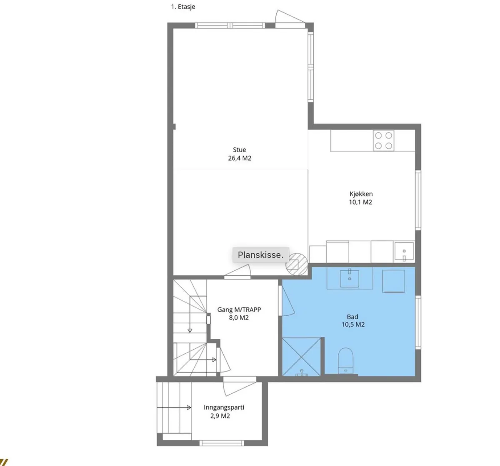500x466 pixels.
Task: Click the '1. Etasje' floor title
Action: tap(183, 7)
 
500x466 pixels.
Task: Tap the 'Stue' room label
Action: tap(240, 150)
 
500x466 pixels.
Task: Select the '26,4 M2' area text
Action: tap(240, 158)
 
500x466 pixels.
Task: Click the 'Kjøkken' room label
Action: tap(361, 194)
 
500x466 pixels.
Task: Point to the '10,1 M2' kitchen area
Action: tap(360, 202)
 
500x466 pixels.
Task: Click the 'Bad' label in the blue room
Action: tap(352, 317)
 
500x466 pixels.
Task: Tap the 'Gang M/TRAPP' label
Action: tap(239, 310)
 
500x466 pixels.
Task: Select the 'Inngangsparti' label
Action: tap(224, 407)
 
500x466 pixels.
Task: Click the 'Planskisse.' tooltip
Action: tap(260, 255)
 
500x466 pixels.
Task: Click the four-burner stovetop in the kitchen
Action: tap(384, 141)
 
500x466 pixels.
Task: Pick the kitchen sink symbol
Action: tap(404, 251)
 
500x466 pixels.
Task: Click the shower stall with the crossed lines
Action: tap(301, 357)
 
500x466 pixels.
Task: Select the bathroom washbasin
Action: tap(350, 279)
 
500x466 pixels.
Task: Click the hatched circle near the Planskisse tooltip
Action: tap(297, 264)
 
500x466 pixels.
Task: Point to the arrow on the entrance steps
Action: tap(174, 408)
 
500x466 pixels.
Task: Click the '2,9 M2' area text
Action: tap(220, 416)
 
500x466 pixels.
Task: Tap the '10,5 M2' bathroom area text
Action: tap(353, 325)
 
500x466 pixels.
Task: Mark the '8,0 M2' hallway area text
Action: tap(239, 318)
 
